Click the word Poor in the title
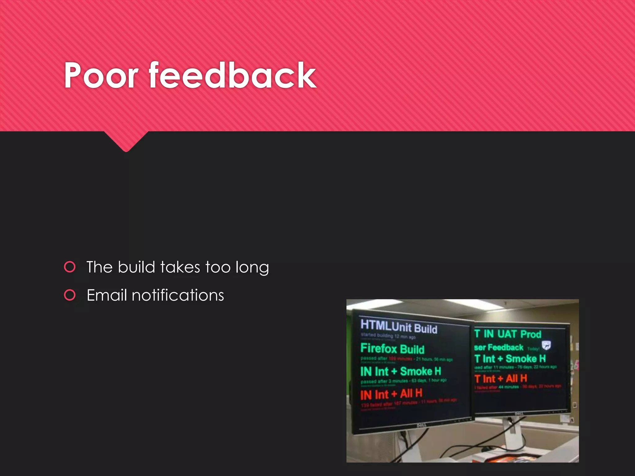[x=101, y=75]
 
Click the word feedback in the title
[x=233, y=75]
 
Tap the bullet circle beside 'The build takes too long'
[x=70, y=267]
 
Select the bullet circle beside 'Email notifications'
[x=70, y=295]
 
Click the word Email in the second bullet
[x=107, y=295]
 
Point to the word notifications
[x=178, y=295]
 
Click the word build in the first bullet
[x=136, y=267]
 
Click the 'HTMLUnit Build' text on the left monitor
[x=399, y=327]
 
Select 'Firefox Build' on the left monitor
[x=392, y=349]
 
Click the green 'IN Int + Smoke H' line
[x=400, y=371]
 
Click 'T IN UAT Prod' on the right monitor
[x=508, y=334]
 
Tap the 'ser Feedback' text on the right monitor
[x=499, y=347]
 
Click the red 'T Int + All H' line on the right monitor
[x=500, y=378]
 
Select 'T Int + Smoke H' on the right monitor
[x=510, y=359]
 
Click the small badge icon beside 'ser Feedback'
[x=546, y=345]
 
